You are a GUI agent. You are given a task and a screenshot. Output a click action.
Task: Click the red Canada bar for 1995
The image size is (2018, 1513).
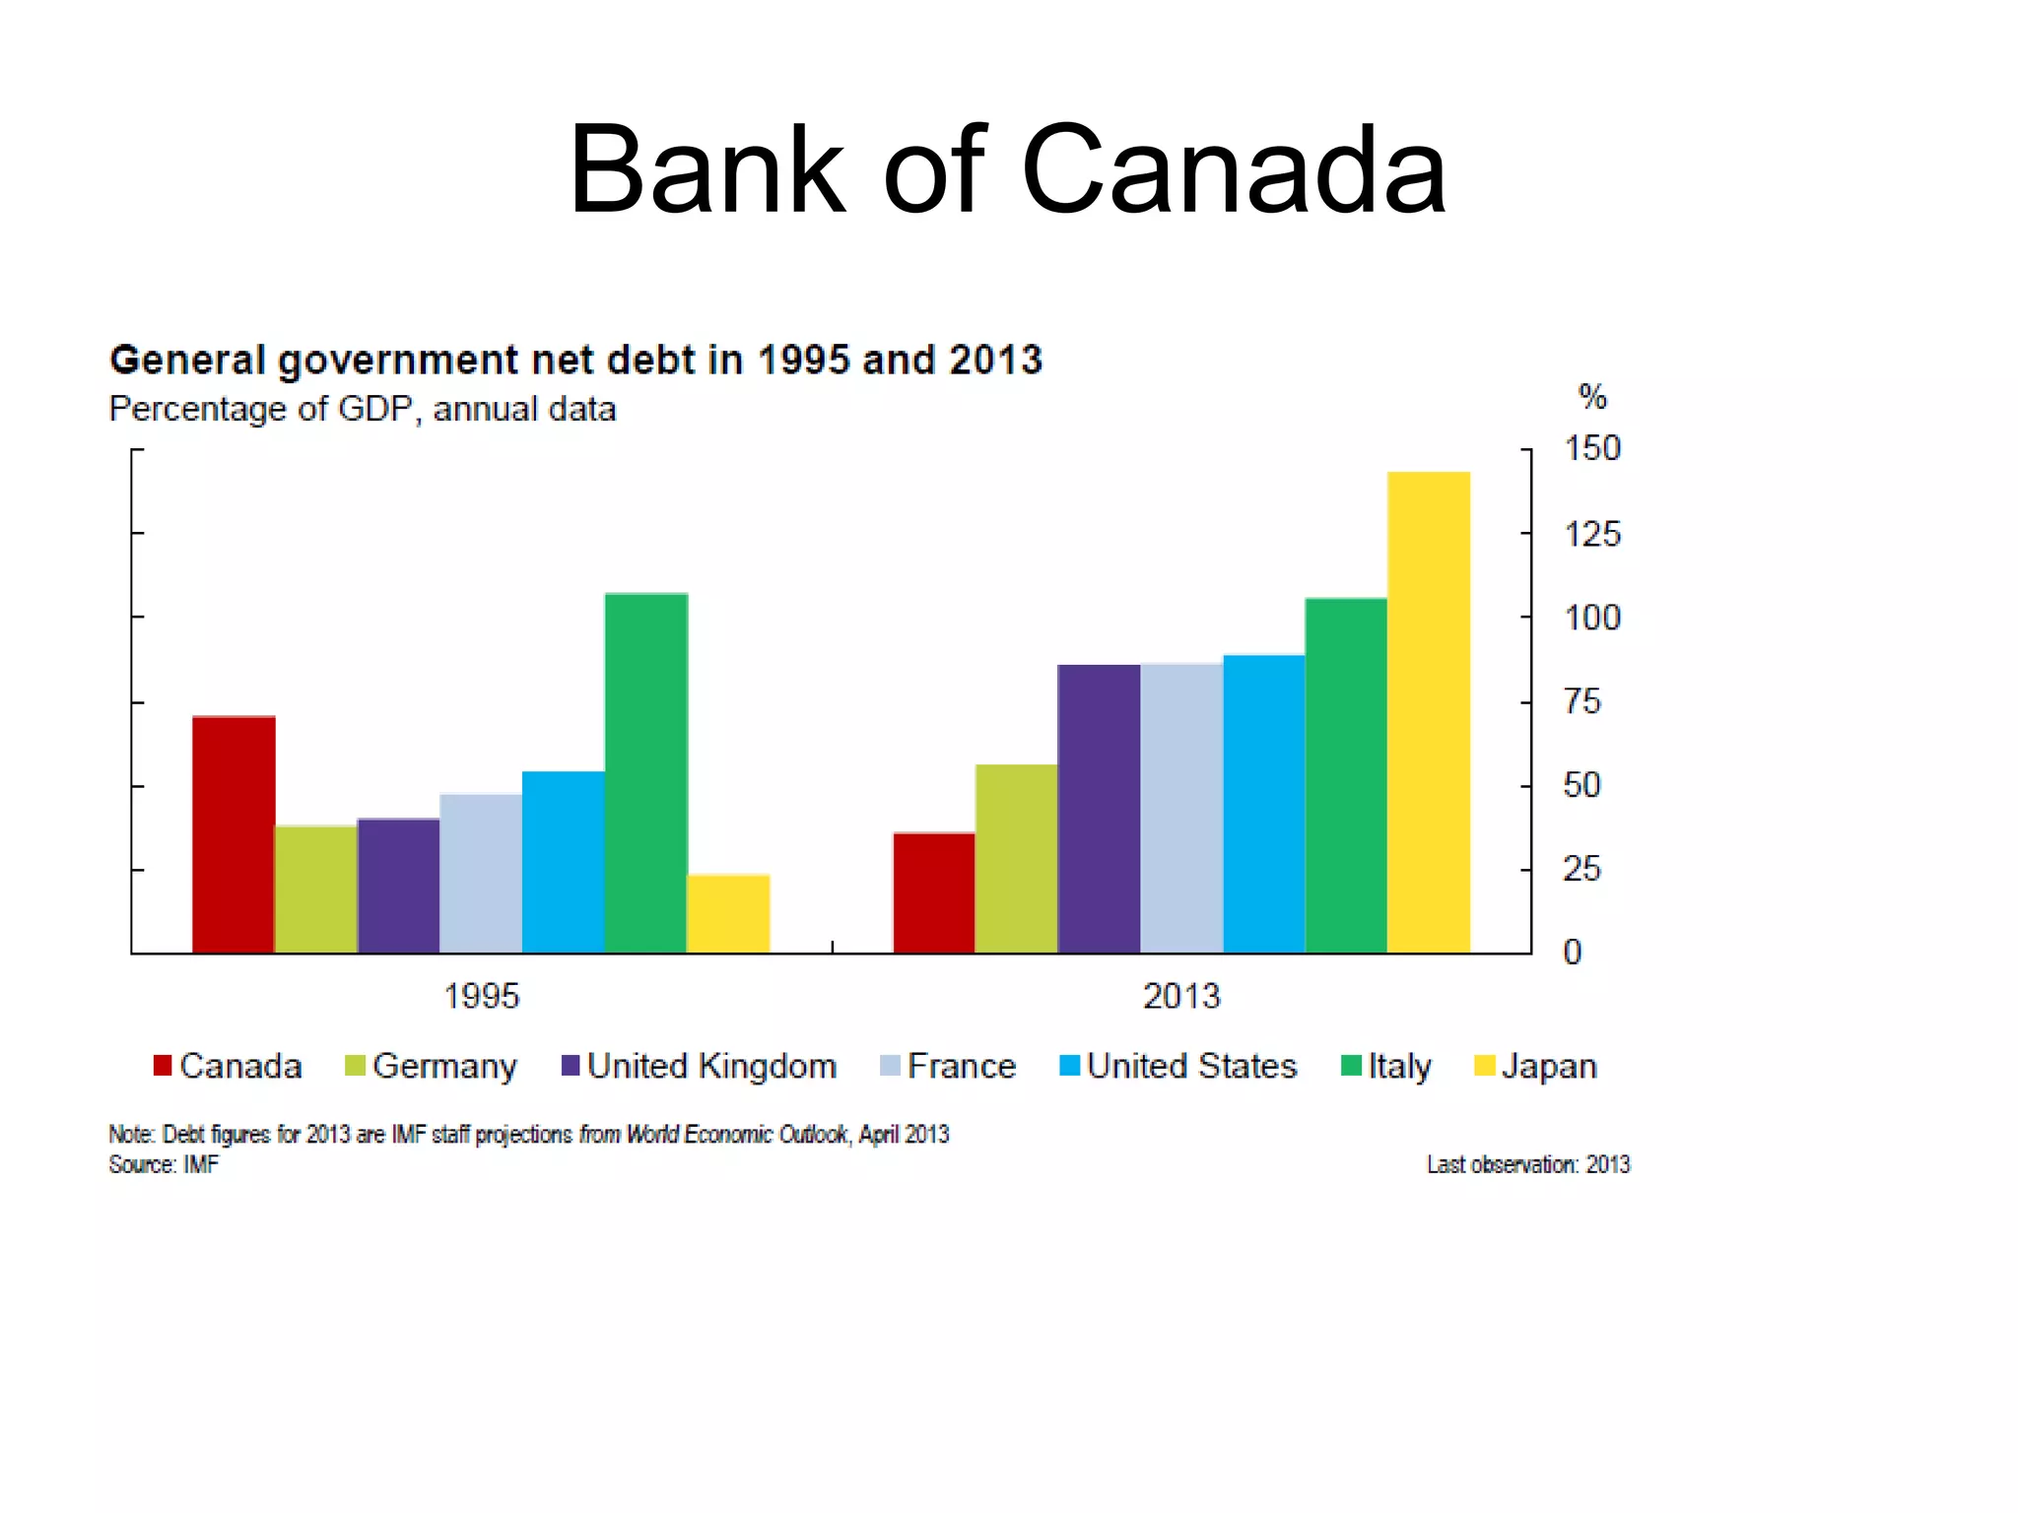point(234,834)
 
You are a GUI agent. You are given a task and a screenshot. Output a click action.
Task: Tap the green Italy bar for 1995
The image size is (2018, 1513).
point(645,773)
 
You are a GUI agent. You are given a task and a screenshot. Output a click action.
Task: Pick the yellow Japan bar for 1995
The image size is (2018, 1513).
point(728,913)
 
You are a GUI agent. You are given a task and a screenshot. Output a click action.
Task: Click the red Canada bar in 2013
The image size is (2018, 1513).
point(934,892)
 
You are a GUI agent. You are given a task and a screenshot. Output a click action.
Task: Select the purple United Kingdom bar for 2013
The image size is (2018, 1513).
point(1099,809)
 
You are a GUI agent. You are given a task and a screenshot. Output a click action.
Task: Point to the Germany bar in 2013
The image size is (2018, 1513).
point(1016,858)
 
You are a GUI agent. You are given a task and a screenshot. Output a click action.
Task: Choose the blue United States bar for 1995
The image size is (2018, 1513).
point(563,862)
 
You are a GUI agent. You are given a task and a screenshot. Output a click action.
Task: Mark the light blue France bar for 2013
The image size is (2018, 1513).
point(1181,809)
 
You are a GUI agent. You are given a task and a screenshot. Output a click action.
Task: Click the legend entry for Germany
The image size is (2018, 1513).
point(432,1067)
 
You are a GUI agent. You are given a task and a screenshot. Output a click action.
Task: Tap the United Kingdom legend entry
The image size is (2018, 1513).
point(699,1067)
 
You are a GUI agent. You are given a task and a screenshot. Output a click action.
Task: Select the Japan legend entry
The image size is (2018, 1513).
point(1535,1067)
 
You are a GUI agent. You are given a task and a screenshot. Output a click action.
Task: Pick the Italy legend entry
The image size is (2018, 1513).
point(1386,1067)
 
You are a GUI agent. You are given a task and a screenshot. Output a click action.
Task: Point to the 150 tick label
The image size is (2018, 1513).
point(1591,449)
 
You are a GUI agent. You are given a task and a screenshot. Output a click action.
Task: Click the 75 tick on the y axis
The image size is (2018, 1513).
point(1581,701)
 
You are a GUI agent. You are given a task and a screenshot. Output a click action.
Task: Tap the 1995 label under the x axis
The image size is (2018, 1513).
point(481,996)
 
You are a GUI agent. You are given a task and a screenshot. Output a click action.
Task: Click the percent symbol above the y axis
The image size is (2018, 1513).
point(1592,397)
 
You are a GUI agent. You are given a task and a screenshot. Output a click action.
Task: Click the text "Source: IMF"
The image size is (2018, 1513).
point(164,1165)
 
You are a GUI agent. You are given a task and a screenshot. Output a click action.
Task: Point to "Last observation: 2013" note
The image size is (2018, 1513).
point(1528,1165)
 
